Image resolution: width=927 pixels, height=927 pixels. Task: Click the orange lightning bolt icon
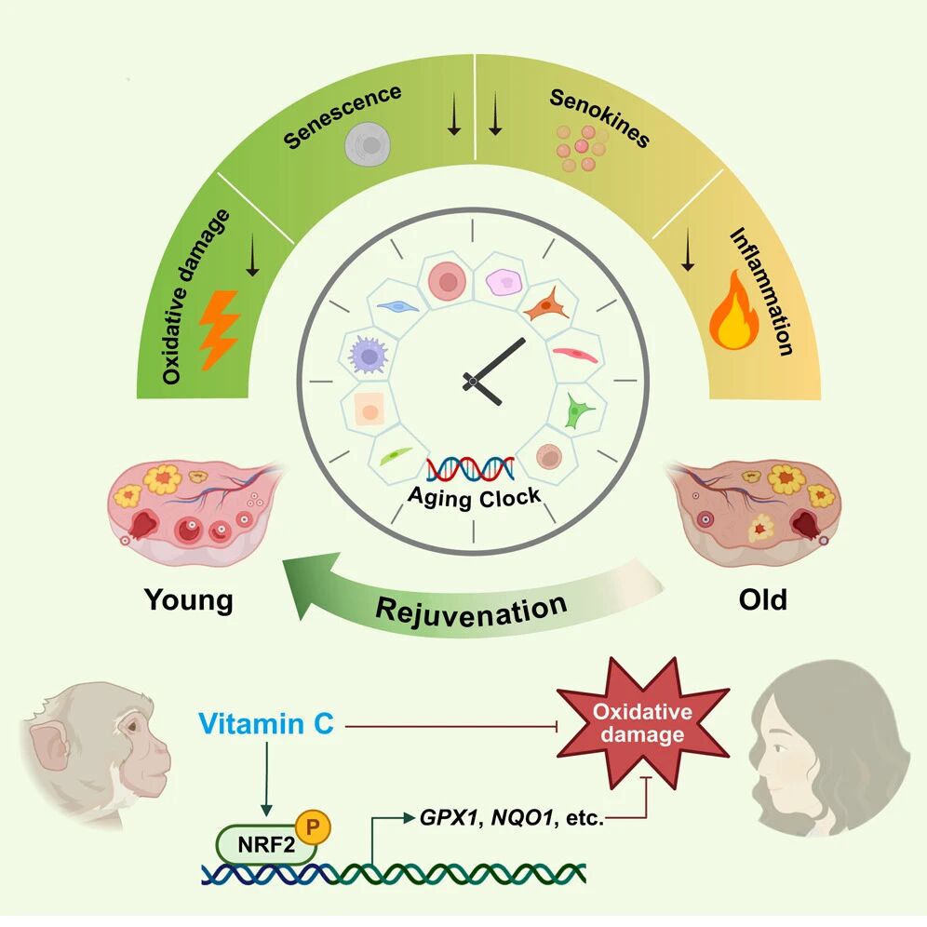coord(221,328)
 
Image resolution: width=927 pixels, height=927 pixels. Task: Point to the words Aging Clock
coord(474,495)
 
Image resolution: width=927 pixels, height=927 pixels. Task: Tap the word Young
coord(188,599)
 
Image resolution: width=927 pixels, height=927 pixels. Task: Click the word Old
coord(762,599)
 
